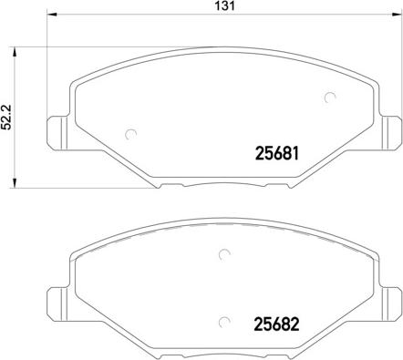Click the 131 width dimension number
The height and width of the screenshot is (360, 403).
225,6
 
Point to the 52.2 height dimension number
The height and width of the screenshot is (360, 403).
6,117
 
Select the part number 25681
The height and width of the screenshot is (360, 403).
277,153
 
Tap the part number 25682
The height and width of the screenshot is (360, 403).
276,324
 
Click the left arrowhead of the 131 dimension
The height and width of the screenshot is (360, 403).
52,14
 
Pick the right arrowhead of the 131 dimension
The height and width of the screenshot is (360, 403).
398,14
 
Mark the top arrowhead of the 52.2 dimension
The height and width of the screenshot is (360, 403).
14,52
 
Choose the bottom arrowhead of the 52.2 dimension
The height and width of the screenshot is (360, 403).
14,183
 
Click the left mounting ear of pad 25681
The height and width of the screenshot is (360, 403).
58,133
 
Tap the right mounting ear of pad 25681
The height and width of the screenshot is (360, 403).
390,133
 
